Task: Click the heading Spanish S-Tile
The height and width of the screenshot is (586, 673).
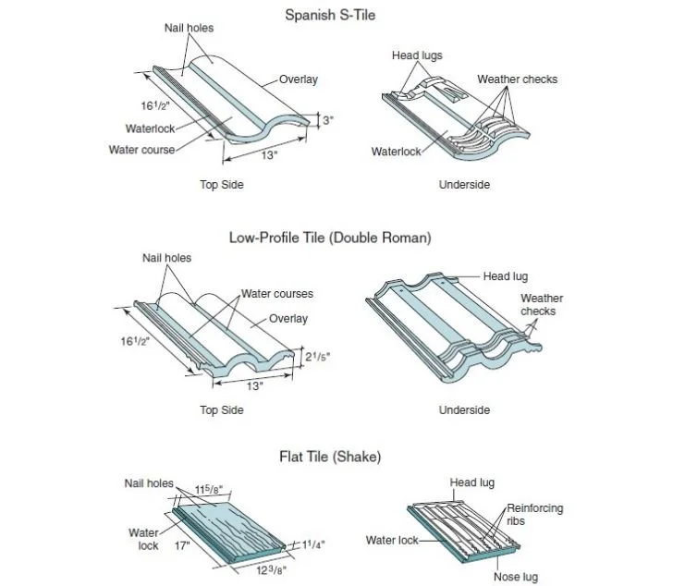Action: tap(330, 15)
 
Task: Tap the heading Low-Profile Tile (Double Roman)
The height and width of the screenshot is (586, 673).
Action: tap(330, 238)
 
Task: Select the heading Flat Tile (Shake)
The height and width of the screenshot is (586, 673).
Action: tap(330, 457)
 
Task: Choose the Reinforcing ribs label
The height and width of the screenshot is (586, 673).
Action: tap(534, 515)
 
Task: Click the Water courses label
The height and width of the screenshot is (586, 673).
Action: tap(277, 294)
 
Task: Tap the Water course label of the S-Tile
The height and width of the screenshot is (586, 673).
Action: tap(141, 150)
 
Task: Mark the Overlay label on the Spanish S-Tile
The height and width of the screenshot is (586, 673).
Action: tap(299, 79)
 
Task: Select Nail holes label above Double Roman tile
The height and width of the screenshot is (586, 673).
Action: tap(166, 258)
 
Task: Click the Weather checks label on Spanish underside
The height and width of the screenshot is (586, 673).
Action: tap(517, 79)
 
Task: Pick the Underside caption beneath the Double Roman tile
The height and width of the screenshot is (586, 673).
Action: tap(464, 409)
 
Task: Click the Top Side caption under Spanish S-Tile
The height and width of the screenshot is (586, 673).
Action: tap(222, 185)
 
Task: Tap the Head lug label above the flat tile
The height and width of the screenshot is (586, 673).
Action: tap(473, 482)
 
